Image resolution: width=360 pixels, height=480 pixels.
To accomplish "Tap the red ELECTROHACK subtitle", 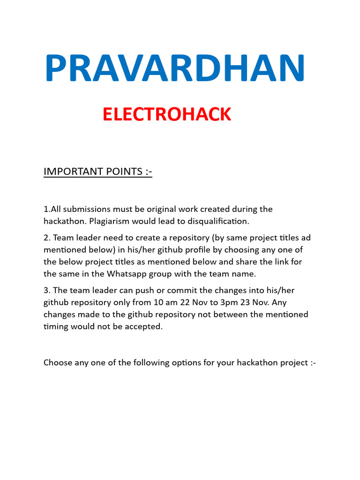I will [167, 114].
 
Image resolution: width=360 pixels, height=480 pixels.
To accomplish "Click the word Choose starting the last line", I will [58, 362].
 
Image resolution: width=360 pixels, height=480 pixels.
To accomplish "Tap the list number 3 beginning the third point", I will [46, 291].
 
